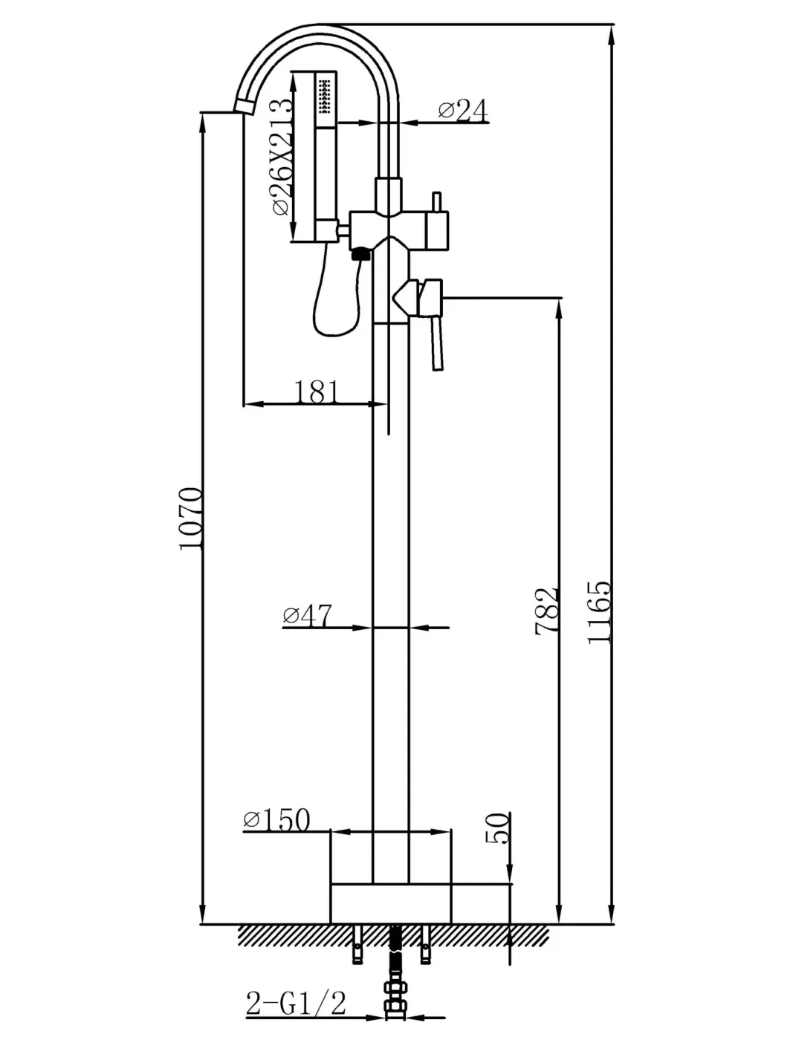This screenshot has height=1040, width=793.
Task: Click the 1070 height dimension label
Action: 192,519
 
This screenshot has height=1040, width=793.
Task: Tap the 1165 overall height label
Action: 599,612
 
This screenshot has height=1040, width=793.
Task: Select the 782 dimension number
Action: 547,611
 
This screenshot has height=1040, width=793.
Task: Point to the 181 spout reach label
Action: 317,391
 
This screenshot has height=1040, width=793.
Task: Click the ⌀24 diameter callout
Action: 462,111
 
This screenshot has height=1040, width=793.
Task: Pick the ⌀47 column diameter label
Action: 307,616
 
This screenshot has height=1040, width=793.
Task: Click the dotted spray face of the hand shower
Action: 326,97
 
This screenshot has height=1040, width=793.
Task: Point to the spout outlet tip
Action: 245,106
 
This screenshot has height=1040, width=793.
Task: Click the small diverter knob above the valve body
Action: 437,203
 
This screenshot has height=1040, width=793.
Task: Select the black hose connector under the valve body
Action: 360,256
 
